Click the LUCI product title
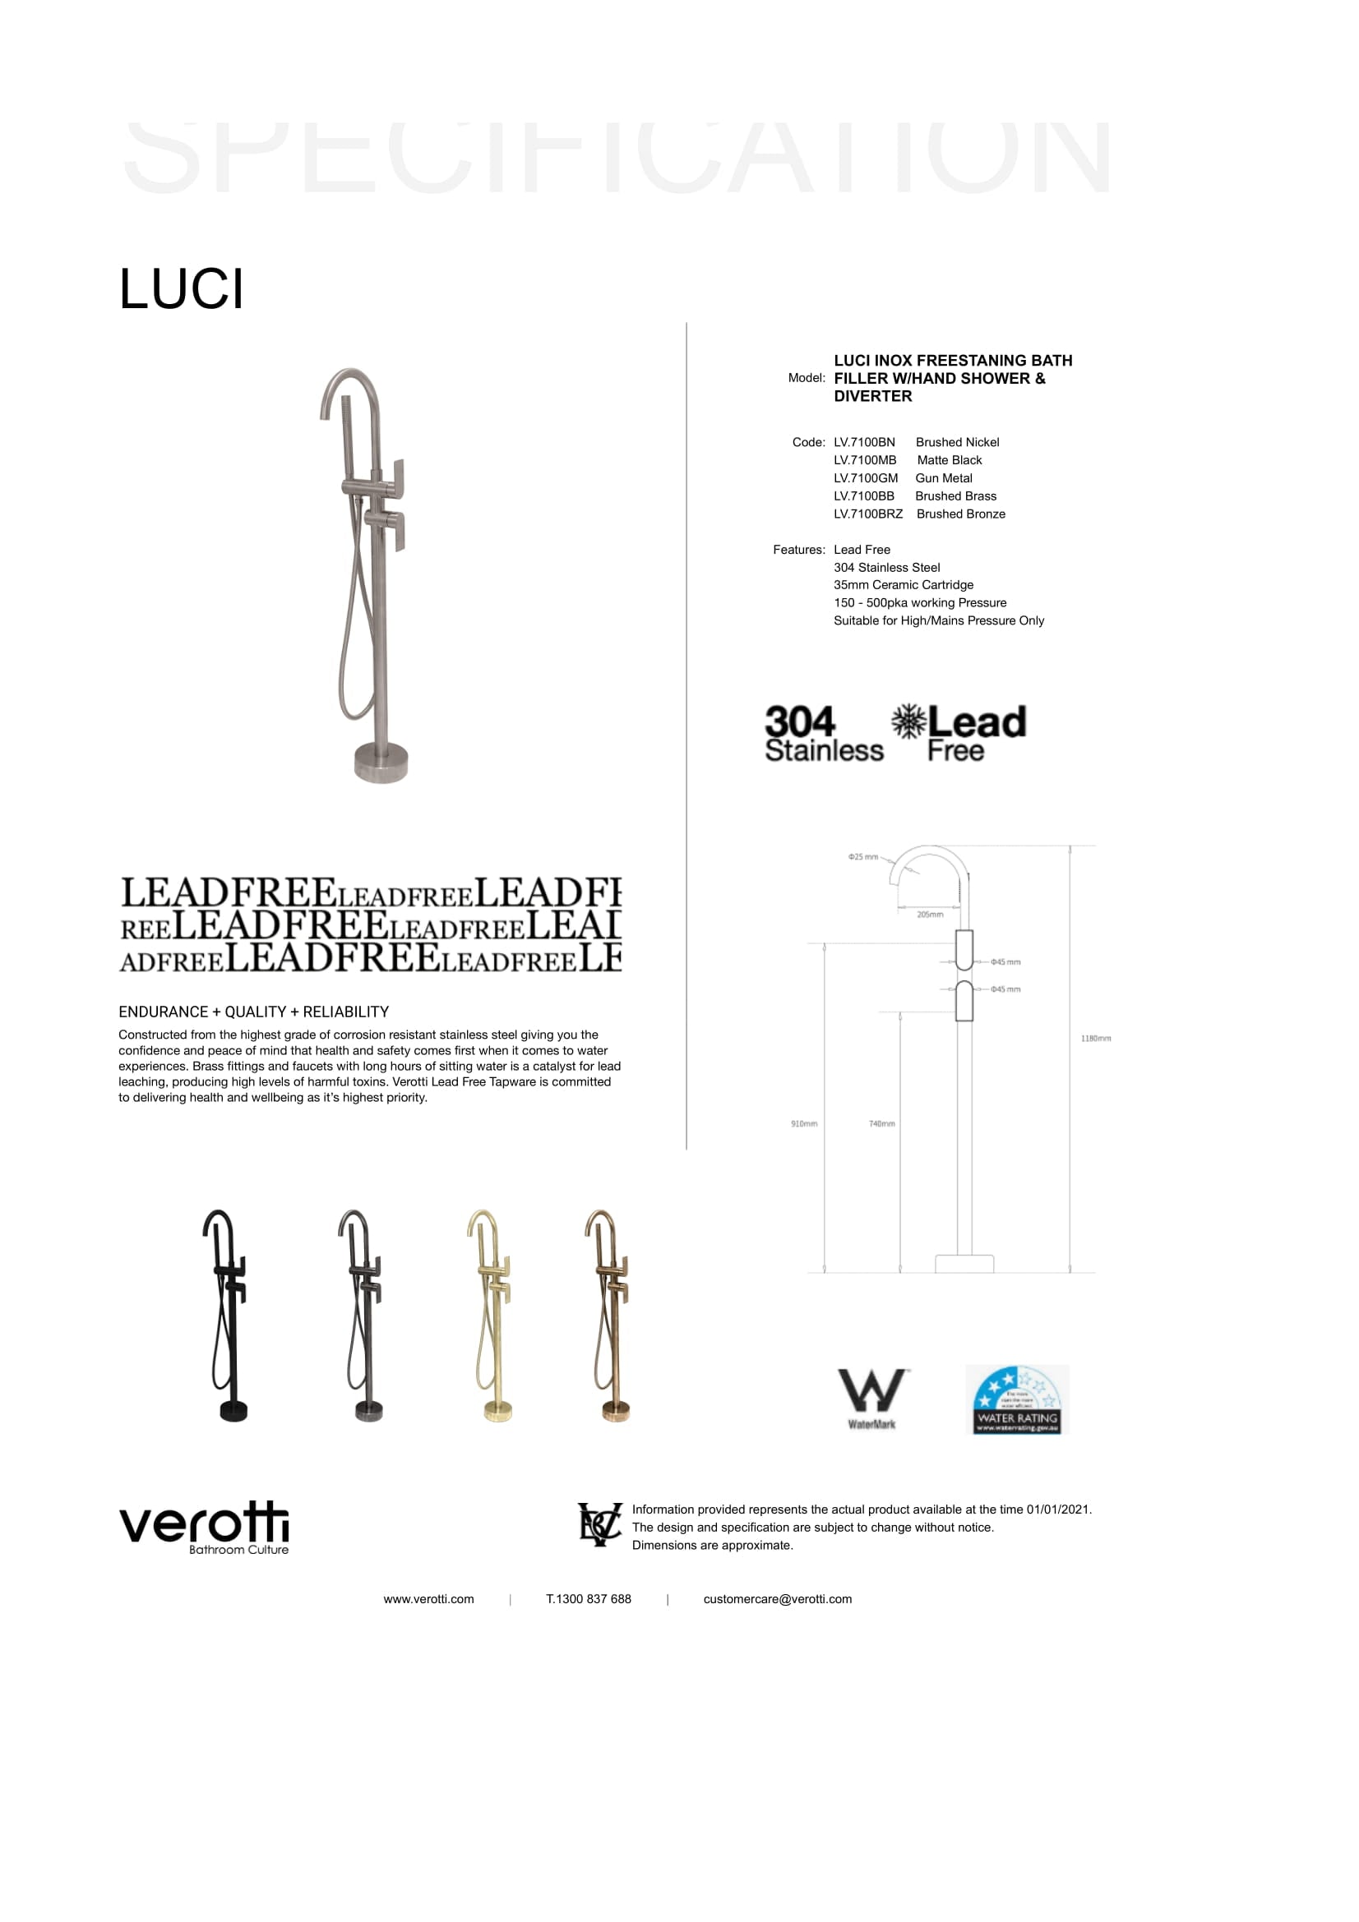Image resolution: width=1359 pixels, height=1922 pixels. pyautogui.click(x=181, y=289)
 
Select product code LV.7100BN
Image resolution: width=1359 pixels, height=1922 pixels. pyautogui.click(x=863, y=442)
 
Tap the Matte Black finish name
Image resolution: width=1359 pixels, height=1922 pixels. pyautogui.click(x=949, y=460)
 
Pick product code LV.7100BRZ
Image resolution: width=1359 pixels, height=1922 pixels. pyautogui.click(x=867, y=514)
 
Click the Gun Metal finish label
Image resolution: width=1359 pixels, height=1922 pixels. pyautogui.click(x=943, y=478)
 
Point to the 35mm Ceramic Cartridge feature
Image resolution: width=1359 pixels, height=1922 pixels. pyautogui.click(x=903, y=585)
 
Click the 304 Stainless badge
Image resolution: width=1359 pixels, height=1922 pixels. pyautogui.click(x=822, y=733)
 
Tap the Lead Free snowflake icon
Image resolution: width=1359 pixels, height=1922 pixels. pyautogui.click(x=908, y=721)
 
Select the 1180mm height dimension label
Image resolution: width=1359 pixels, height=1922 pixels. pyautogui.click(x=1095, y=1039)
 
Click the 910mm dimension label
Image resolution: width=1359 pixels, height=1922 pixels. pyautogui.click(x=803, y=1123)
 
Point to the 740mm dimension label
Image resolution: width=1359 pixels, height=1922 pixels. pyautogui.click(x=881, y=1123)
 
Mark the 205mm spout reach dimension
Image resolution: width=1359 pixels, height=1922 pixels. pyautogui.click(x=930, y=915)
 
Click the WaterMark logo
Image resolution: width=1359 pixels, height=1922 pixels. pyautogui.click(x=871, y=1399)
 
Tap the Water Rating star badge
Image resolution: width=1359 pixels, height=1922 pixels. pyautogui.click(x=1016, y=1399)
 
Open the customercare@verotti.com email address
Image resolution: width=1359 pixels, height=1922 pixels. pyautogui.click(x=777, y=1599)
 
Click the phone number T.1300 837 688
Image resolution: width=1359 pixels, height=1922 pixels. pyautogui.click(x=588, y=1599)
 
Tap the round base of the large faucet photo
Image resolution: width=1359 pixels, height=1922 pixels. pyautogui.click(x=381, y=762)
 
